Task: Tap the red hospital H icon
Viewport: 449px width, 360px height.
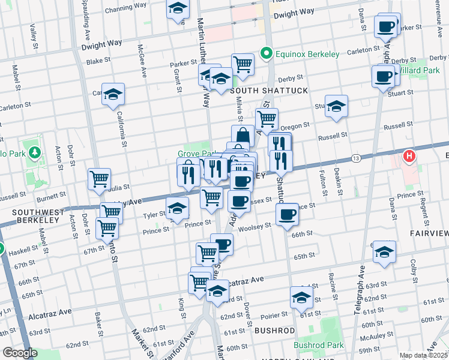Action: [x=410, y=156]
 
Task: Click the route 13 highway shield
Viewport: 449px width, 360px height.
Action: [x=356, y=158]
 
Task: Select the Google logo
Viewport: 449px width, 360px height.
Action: [x=20, y=353]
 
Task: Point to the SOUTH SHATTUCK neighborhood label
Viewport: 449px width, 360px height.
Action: [x=268, y=91]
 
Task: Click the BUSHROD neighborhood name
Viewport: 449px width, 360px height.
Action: [x=275, y=331]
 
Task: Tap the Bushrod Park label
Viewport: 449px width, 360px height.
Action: [x=319, y=345]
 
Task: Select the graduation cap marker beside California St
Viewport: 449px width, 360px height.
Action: [x=113, y=94]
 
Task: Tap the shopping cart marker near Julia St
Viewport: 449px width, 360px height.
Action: [x=99, y=178]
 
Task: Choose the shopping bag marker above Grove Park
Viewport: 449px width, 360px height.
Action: [x=243, y=136]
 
